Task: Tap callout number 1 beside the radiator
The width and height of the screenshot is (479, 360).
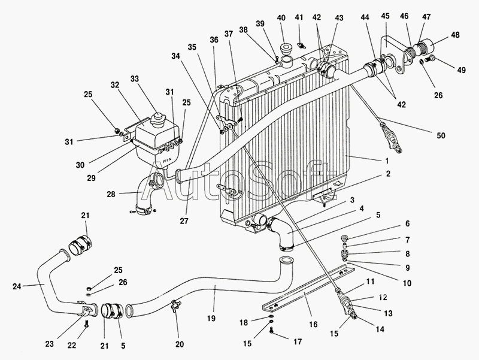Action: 387,161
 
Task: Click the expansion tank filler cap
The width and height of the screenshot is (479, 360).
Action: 158,117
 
